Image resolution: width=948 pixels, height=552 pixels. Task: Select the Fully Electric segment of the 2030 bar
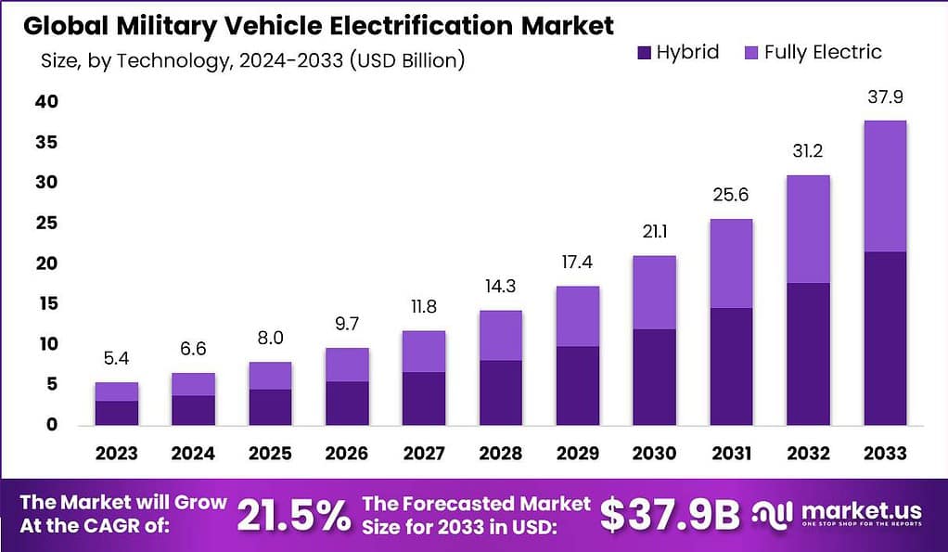654,292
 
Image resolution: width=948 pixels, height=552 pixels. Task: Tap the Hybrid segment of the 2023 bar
117,413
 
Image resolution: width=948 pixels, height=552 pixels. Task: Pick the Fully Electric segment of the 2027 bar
424,352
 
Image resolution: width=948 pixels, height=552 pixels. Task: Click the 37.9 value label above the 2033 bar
885,97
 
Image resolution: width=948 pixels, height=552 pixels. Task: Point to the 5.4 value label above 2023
117,359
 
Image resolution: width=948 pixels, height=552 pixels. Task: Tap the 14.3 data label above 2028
501,287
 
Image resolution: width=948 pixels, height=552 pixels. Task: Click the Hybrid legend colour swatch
644,53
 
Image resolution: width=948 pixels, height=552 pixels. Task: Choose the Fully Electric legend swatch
751,53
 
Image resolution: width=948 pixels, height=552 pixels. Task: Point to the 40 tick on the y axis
46,102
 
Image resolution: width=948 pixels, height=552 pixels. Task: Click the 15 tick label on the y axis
46,303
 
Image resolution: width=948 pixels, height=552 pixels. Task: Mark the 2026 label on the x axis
347,454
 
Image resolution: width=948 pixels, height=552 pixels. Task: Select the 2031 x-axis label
731,454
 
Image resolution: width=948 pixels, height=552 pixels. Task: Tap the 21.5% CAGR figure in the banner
294,515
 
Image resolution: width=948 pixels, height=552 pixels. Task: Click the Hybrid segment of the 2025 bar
270,406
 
